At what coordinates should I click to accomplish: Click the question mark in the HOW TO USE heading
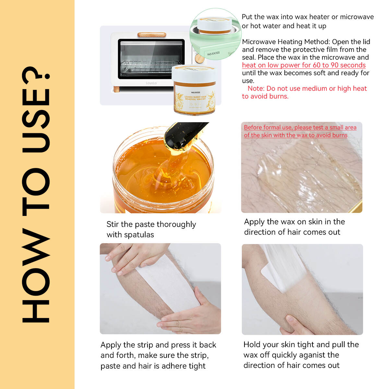(36, 76)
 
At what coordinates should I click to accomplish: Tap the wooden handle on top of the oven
(152, 35)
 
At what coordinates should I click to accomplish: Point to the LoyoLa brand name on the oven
(151, 83)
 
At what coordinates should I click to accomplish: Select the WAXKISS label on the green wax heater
(213, 53)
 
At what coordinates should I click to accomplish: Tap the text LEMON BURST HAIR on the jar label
(195, 97)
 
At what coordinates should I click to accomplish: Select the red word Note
(256, 88)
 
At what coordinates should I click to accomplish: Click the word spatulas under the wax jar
(139, 235)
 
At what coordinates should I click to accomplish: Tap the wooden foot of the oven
(116, 89)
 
